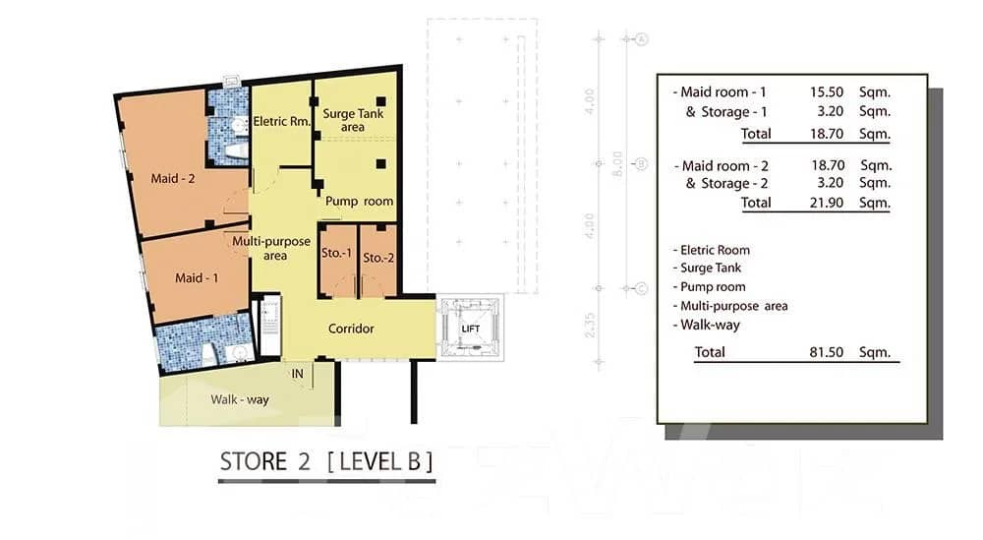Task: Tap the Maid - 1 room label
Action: click(x=197, y=277)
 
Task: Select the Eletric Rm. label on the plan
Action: click(x=282, y=122)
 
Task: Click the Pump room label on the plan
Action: click(x=359, y=201)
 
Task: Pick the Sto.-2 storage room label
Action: click(x=377, y=258)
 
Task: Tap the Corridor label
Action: click(x=350, y=329)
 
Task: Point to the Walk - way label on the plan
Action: click(x=240, y=399)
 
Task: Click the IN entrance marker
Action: click(x=297, y=374)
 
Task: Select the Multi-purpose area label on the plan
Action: click(x=272, y=248)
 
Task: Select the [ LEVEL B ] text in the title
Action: click(x=377, y=461)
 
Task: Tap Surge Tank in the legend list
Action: click(x=710, y=269)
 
